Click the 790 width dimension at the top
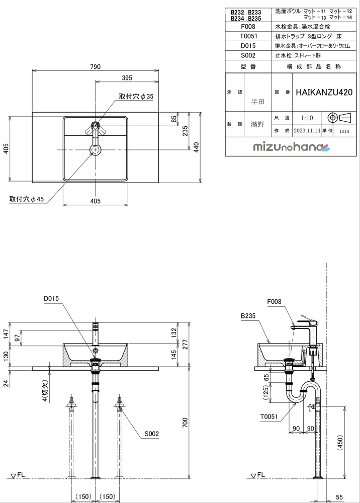coord(96,67)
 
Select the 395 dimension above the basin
coord(127,78)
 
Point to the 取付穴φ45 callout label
coord(27,199)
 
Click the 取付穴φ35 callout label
coord(136,96)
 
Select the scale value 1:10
coord(307,118)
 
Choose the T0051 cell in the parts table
coord(249,36)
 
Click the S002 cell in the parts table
coord(249,56)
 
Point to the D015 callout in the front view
coord(51,298)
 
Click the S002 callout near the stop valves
coord(152,433)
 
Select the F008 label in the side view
coord(274,302)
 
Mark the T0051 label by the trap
coord(269,416)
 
